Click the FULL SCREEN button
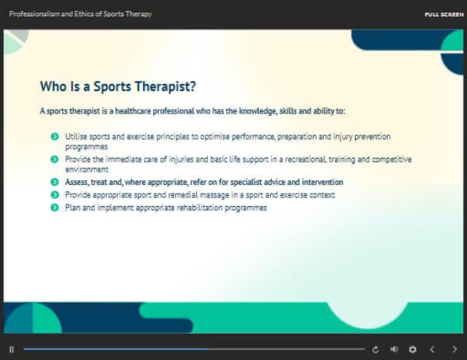click(x=444, y=15)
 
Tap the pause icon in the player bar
click(x=12, y=349)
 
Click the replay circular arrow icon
click(x=375, y=349)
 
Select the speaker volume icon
click(x=394, y=349)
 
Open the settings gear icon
click(x=413, y=349)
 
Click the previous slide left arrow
click(x=432, y=349)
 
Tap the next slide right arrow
click(x=455, y=349)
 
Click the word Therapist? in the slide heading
click(x=165, y=86)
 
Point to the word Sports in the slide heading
click(x=112, y=86)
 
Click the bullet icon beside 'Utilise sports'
click(x=54, y=137)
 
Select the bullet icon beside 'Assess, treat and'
click(x=54, y=182)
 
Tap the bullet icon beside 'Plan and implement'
click(x=54, y=208)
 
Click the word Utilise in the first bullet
click(x=76, y=137)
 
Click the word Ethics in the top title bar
click(x=82, y=14)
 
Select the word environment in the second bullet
click(x=87, y=170)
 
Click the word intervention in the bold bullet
click(x=322, y=182)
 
